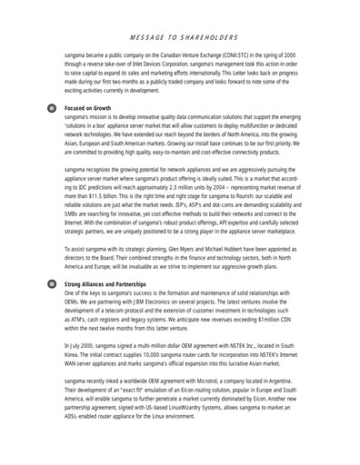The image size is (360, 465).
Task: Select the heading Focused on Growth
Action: pos(94,107)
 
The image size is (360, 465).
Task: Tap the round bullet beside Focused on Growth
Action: pos(53,107)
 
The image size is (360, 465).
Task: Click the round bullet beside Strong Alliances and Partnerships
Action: pos(53,284)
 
